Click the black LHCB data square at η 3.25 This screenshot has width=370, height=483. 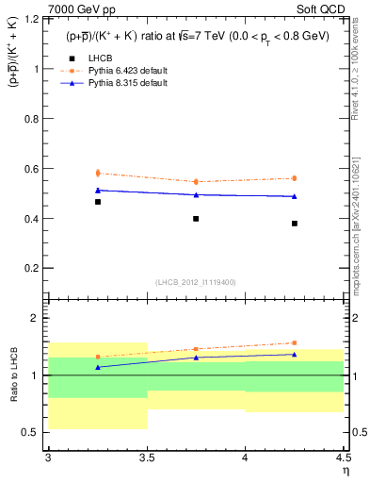(x=98, y=202)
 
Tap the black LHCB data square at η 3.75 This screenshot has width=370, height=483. (x=196, y=219)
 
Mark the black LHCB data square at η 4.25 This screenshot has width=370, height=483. (x=295, y=224)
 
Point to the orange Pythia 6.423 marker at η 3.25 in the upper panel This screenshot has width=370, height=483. (x=98, y=173)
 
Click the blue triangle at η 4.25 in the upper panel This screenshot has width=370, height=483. (x=295, y=196)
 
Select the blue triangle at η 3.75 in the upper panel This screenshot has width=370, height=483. (x=196, y=194)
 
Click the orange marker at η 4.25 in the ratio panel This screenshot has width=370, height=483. (x=295, y=343)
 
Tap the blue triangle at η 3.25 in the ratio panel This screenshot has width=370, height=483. (x=98, y=367)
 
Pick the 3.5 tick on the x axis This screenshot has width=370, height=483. (x=147, y=458)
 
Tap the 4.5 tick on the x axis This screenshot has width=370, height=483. (x=343, y=458)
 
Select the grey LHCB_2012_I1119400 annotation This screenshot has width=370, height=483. (x=196, y=281)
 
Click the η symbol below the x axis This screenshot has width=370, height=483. (x=345, y=471)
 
